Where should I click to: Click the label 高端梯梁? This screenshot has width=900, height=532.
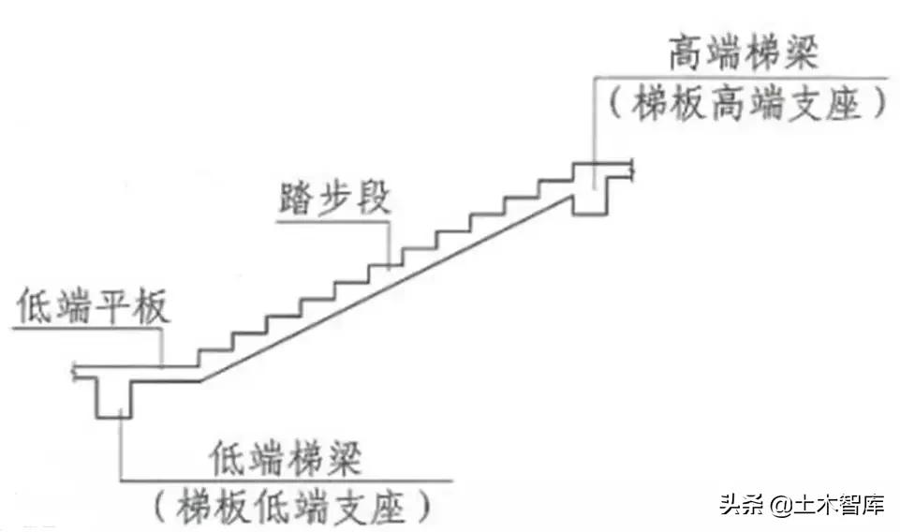(744, 54)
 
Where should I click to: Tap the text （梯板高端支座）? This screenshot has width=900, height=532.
(746, 103)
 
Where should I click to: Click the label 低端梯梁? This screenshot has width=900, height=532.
(288, 460)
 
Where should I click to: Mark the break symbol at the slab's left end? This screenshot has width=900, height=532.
(75, 372)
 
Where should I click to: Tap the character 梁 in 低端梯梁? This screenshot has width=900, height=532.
(348, 460)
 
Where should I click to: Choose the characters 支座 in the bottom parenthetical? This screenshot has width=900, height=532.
(370, 507)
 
